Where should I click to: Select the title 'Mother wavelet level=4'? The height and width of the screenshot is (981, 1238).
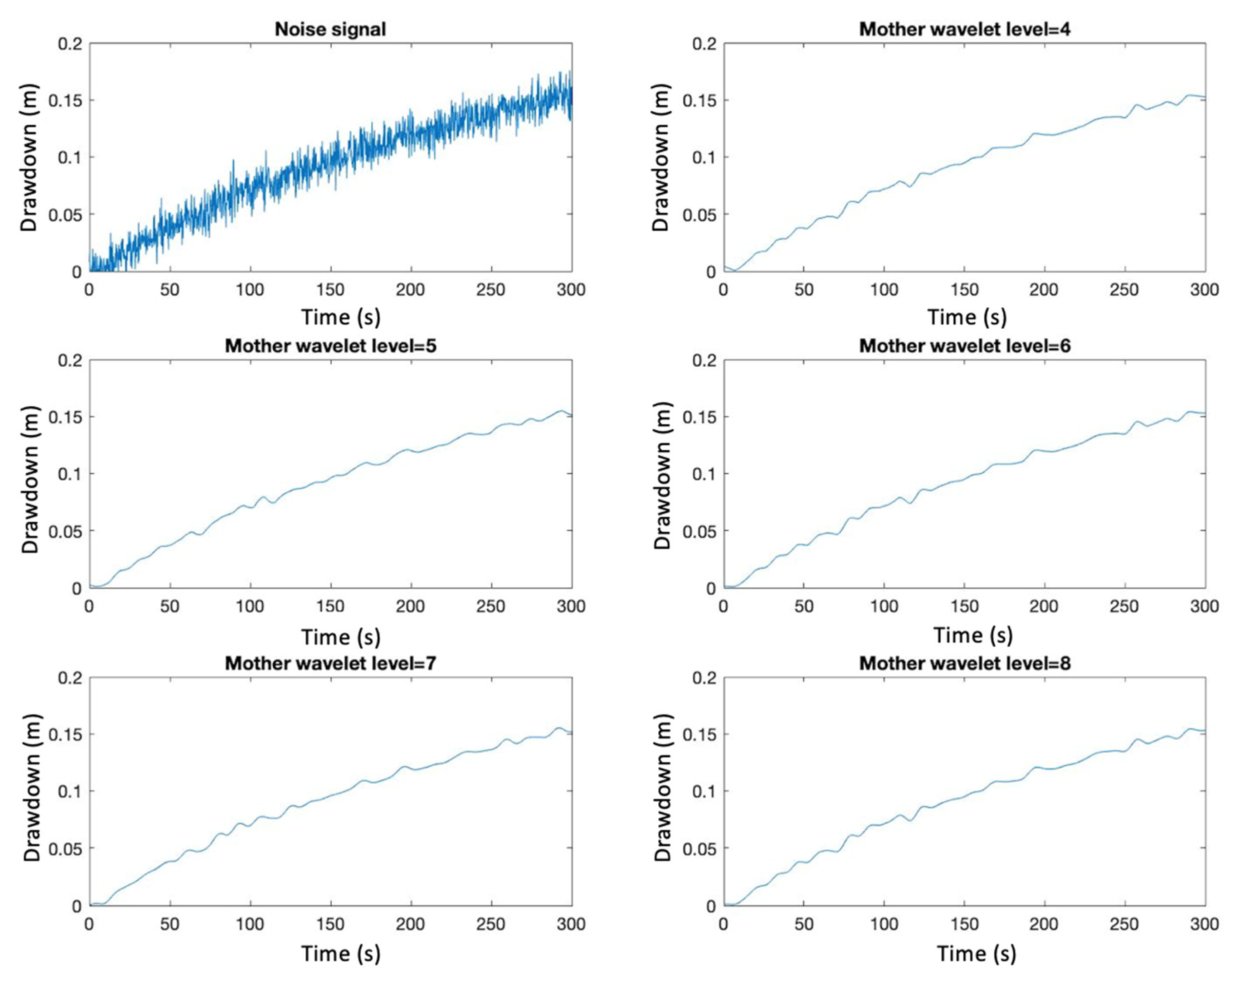(964, 29)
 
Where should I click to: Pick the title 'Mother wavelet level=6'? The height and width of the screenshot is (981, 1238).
(964, 346)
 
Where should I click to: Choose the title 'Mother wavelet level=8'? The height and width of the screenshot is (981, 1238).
(964, 663)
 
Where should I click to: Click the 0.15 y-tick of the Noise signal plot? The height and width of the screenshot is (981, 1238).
(65, 101)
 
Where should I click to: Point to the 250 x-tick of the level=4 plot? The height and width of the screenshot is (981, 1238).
(1124, 290)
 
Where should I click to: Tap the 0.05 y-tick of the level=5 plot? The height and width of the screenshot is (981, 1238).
(65, 531)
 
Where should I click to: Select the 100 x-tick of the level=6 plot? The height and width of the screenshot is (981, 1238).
(884, 607)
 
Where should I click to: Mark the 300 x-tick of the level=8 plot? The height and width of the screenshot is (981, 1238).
(1204, 924)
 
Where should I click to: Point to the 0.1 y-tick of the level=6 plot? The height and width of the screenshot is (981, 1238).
(704, 474)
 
